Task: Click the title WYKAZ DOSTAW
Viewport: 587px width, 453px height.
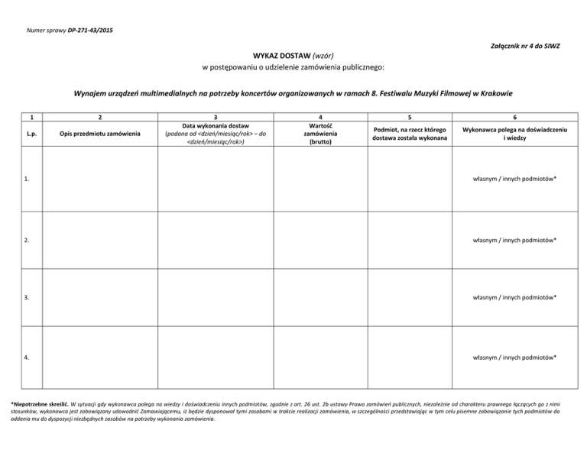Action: (280, 55)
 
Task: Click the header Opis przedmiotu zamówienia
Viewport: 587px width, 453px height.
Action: (100, 134)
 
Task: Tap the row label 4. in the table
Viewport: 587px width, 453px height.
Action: (27, 357)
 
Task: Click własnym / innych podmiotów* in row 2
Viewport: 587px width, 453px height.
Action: (514, 240)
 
